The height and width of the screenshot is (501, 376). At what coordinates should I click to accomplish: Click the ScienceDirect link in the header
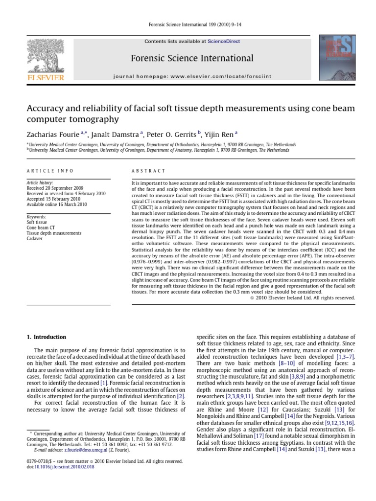[224, 42]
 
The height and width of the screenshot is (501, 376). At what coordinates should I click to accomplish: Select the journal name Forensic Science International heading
[192, 59]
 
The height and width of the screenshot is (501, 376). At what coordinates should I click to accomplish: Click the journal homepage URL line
[192, 77]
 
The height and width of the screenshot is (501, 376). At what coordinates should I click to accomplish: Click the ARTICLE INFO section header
[50, 171]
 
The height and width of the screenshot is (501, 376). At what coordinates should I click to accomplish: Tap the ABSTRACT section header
[149, 171]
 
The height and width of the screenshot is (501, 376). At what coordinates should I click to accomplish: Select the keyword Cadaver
[35, 239]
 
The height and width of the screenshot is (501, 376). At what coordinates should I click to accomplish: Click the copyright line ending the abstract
[299, 297]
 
